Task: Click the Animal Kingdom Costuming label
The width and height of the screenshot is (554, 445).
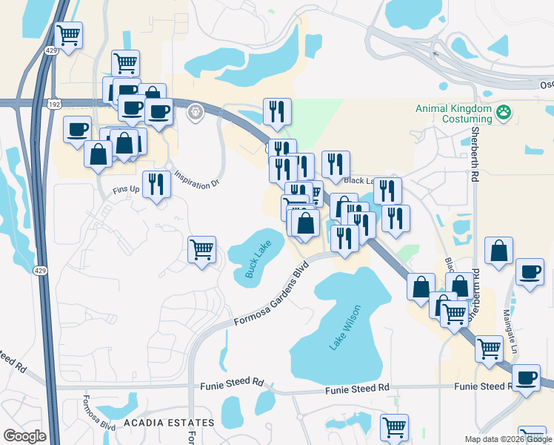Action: click(453, 113)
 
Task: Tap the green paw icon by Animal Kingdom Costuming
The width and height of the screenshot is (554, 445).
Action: click(504, 113)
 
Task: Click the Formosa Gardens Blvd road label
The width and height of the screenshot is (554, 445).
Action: click(271, 297)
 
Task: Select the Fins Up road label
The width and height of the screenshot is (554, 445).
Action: click(126, 191)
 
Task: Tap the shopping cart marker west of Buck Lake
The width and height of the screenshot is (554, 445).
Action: click(201, 249)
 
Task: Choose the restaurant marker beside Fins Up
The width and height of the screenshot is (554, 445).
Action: click(156, 184)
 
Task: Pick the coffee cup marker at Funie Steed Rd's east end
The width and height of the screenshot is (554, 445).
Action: click(527, 378)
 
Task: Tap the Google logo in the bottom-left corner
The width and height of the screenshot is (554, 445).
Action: click(24, 436)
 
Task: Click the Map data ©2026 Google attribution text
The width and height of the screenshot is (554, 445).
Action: click(507, 439)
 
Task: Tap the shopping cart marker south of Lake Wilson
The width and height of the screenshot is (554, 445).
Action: click(394, 427)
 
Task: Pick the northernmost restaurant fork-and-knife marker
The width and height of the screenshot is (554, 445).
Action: click(277, 111)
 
